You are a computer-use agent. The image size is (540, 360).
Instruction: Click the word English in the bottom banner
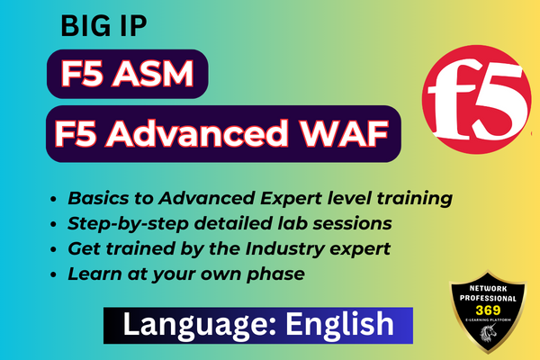(343, 322)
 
